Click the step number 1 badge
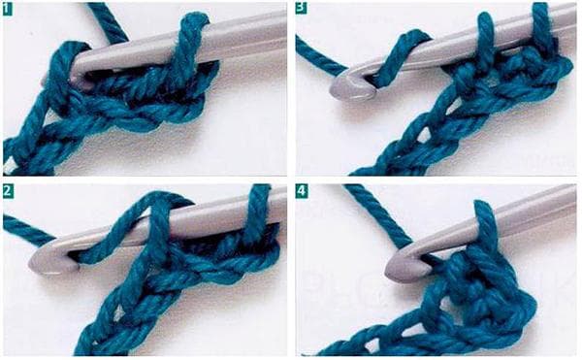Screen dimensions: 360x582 (9, 10)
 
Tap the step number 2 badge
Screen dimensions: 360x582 (9, 192)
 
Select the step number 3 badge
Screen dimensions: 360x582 (301, 10)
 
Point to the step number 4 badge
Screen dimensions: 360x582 (301, 192)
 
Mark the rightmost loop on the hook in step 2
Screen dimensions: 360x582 (258, 209)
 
